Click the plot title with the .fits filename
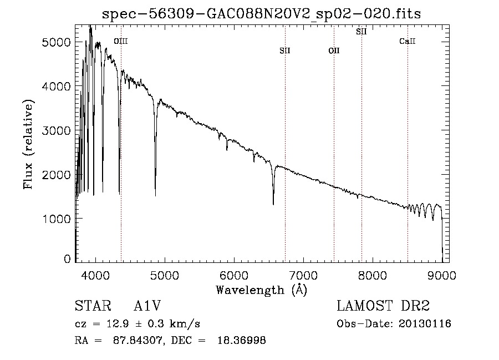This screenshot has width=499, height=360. (x=261, y=14)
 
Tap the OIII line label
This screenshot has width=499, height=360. (x=121, y=41)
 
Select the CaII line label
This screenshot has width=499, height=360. (x=408, y=41)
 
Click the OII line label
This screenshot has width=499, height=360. (x=334, y=50)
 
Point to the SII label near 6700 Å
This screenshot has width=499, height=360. (x=285, y=50)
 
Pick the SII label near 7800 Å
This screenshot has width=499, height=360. (x=361, y=32)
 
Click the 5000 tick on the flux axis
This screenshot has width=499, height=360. (x=56, y=42)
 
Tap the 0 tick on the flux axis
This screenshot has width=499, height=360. (x=67, y=259)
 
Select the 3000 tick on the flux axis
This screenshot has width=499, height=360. (x=56, y=130)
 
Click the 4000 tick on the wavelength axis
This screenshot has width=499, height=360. (x=95, y=275)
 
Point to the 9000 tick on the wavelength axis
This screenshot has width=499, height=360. (x=442, y=275)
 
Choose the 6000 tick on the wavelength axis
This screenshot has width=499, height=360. (x=234, y=275)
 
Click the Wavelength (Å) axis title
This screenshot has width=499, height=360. (x=262, y=290)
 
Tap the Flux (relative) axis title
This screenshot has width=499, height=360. (x=28, y=145)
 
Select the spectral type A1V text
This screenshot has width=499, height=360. (x=147, y=306)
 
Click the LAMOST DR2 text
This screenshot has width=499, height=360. (x=383, y=306)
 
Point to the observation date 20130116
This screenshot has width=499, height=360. (x=425, y=324)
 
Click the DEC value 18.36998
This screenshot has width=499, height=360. (x=242, y=340)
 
